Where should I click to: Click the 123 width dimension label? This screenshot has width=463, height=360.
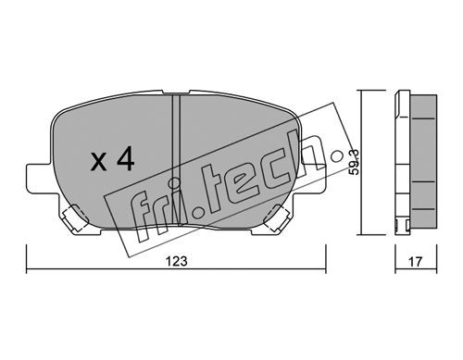pos(177,261)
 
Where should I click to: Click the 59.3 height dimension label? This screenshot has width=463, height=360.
pos(355,162)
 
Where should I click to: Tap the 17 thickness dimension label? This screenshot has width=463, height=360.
pos(415,262)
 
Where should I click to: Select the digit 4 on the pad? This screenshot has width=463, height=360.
pos(125,158)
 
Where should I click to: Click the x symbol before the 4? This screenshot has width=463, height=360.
pos(99,162)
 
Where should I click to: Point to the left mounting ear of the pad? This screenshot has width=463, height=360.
pos(42,179)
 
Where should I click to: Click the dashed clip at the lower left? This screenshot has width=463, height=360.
pos(74,217)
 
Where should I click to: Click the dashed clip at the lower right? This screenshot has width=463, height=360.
pos(277,217)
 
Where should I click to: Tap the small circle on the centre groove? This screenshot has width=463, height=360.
pos(176,183)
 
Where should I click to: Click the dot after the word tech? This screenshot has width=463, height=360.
pos(336,156)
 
